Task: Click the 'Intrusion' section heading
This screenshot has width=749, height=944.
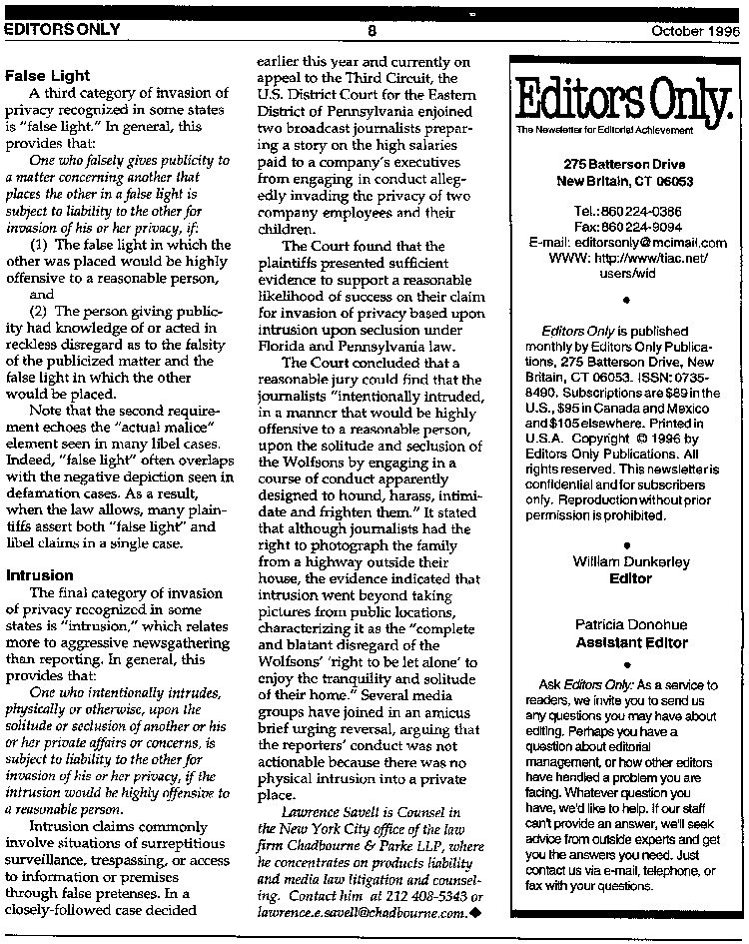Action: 39,575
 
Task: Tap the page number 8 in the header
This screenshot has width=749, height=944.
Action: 371,30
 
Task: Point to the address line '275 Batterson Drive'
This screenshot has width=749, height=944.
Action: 625,163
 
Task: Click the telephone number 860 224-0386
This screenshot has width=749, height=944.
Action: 642,213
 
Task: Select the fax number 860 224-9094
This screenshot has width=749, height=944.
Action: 644,227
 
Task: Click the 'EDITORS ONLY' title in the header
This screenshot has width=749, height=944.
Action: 62,30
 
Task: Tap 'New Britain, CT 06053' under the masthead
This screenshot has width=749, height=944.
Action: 625,181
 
